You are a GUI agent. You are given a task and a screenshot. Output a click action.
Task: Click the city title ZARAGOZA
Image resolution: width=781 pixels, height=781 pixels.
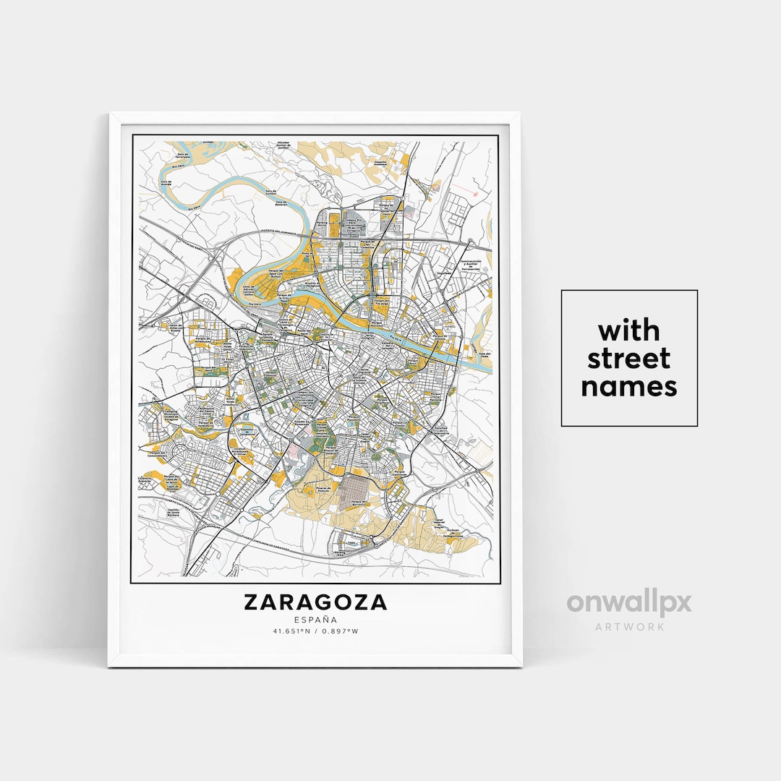[x=315, y=602]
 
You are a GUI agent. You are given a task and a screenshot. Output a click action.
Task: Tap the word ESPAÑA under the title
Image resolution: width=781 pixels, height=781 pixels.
[x=315, y=619]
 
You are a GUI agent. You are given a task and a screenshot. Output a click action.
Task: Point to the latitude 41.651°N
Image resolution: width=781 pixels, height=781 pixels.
[x=291, y=631]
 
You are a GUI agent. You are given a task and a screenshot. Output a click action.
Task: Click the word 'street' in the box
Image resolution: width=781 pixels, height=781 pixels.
[x=629, y=359]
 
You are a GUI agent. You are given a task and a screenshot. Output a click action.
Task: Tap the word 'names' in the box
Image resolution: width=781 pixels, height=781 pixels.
[x=629, y=387]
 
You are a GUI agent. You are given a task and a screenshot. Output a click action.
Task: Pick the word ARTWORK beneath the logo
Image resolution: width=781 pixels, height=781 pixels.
[x=629, y=626]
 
